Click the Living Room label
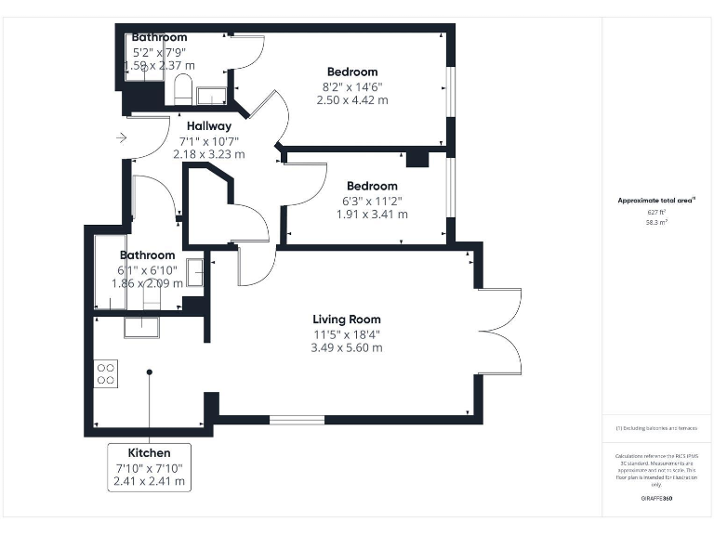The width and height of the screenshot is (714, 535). pyautogui.click(x=347, y=320)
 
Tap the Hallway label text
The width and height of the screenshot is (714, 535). pyautogui.click(x=208, y=126)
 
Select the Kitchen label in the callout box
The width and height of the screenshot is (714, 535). pyautogui.click(x=149, y=453)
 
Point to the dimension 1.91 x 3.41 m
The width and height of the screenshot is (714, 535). pyautogui.click(x=372, y=214)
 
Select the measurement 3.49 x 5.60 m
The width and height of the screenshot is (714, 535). pyautogui.click(x=347, y=348)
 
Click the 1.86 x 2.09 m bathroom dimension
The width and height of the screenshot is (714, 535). pyautogui.click(x=147, y=283)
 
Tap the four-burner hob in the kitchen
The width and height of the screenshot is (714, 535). pyautogui.click(x=106, y=372)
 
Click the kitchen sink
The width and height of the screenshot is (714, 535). pyautogui.click(x=142, y=325)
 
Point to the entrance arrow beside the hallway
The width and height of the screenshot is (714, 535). pyautogui.click(x=122, y=138)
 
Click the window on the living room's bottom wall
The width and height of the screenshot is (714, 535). pyautogui.click(x=297, y=421)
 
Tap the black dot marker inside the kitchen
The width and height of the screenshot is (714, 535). pyautogui.click(x=149, y=372)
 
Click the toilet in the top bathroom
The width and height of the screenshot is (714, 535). pyautogui.click(x=181, y=91)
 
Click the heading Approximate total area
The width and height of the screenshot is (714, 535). pyautogui.click(x=656, y=201)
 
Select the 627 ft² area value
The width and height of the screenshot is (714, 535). pyautogui.click(x=656, y=213)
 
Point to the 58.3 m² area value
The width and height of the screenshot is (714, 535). pyautogui.click(x=656, y=223)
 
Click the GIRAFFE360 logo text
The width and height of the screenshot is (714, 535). pyautogui.click(x=656, y=499)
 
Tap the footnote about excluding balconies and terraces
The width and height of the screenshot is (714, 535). pyautogui.click(x=656, y=428)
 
